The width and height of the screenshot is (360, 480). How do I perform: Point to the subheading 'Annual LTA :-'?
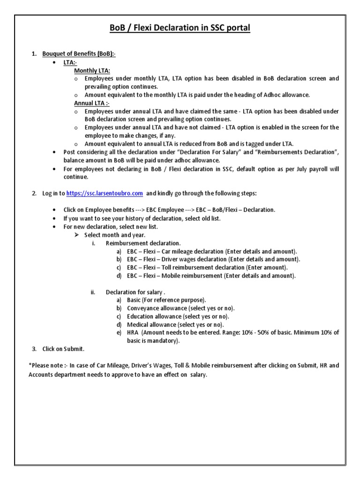tap(92, 103)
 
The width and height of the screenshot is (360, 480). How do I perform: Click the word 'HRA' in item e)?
tap(133, 332)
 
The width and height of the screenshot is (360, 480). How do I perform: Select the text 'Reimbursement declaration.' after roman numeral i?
tap(143, 243)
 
